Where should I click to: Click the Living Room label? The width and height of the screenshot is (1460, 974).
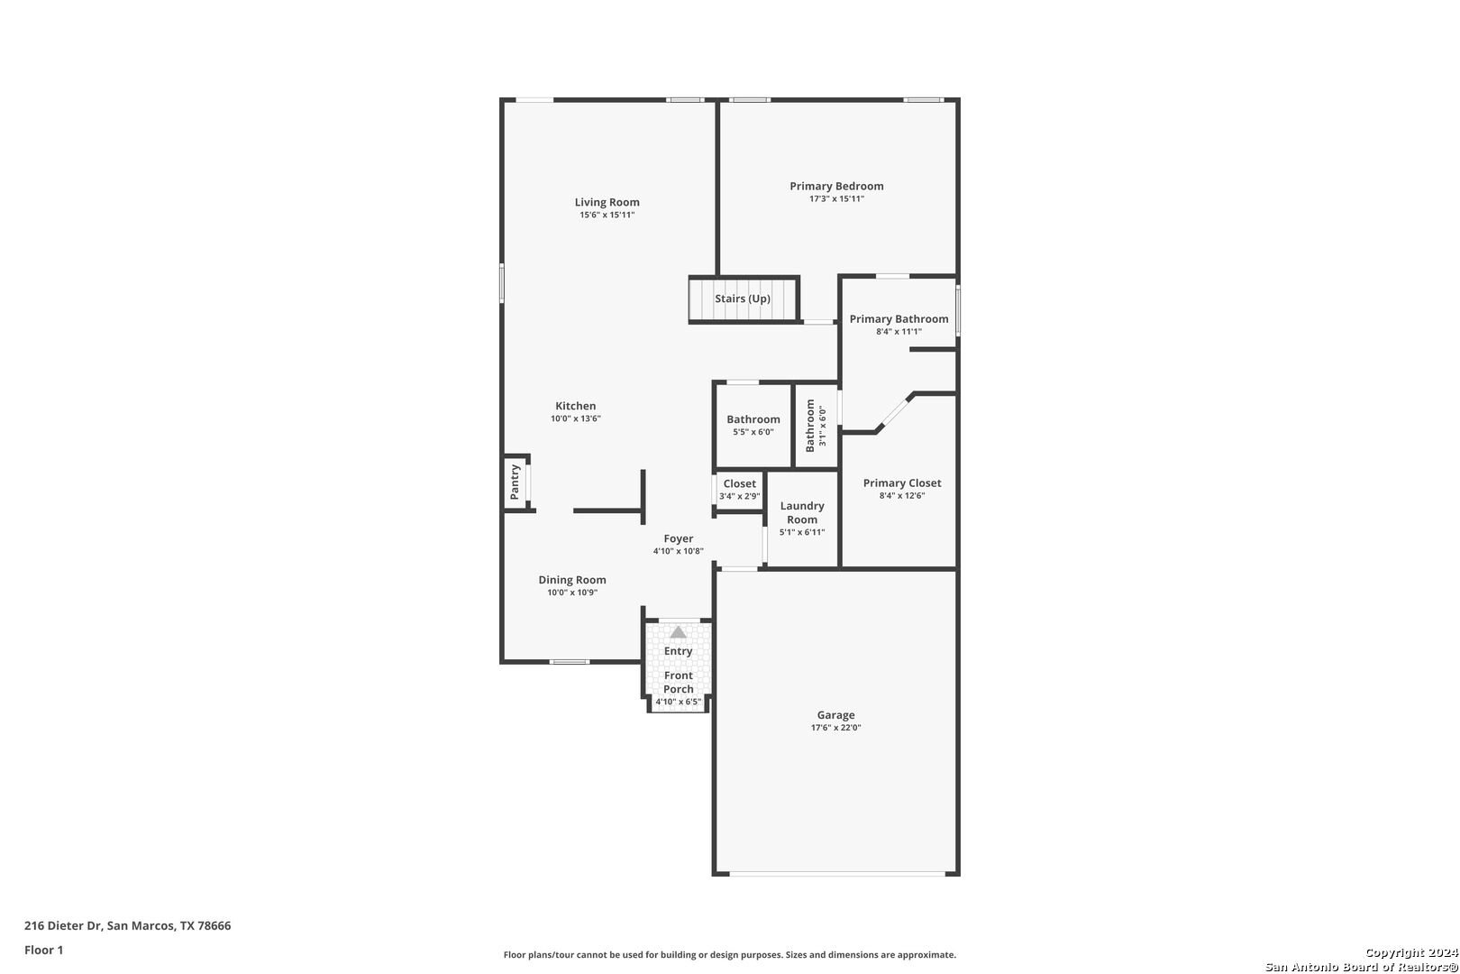tap(607, 202)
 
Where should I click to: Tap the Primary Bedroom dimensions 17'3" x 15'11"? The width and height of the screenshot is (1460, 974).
tap(836, 199)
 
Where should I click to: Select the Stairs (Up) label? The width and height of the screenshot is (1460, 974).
tap(743, 299)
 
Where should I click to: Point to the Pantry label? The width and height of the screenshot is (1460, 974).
tap(515, 482)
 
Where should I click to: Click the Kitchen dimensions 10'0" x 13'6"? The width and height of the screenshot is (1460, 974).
tap(576, 418)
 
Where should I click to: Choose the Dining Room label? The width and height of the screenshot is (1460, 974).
tap(572, 580)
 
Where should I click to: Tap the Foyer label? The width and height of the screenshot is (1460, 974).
tap(679, 539)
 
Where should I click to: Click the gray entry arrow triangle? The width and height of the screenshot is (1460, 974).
tap(679, 632)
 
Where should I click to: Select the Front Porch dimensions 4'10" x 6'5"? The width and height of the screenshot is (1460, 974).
tap(679, 702)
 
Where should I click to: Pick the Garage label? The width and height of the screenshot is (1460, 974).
tap(835, 715)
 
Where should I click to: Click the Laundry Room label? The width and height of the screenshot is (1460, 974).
tap(802, 513)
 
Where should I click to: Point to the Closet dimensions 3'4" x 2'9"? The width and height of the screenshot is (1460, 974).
tap(740, 496)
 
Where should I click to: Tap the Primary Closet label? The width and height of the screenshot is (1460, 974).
tap(902, 483)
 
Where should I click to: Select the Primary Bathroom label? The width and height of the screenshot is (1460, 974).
tap(899, 319)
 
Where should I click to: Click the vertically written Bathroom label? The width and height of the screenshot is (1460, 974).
tap(810, 426)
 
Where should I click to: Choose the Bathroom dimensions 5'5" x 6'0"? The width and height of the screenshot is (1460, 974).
tap(753, 432)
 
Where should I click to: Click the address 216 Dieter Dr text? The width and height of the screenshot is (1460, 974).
tap(63, 925)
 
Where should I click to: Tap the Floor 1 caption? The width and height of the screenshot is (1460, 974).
tap(43, 951)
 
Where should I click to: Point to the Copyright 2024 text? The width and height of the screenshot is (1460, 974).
tap(1411, 953)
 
